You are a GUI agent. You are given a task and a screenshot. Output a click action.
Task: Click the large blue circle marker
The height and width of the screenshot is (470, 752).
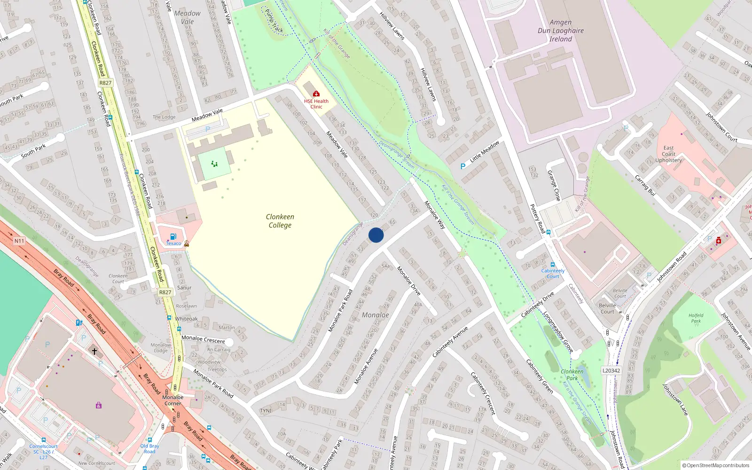(376, 235)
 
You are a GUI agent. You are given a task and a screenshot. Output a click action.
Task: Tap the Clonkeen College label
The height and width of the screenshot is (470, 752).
(280, 221)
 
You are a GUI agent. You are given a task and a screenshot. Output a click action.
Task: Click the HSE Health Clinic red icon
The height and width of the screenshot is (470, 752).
(316, 94)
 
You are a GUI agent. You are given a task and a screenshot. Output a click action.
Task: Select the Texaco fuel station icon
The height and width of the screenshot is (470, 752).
(173, 237)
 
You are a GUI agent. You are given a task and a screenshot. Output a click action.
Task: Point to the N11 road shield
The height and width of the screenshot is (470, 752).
(19, 241)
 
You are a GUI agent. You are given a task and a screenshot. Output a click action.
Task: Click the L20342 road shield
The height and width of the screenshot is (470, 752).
(611, 370)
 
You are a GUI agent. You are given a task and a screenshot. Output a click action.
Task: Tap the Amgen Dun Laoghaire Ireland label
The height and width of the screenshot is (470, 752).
(561, 31)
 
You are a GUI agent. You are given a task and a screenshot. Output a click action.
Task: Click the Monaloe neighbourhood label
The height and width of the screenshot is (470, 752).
(376, 315)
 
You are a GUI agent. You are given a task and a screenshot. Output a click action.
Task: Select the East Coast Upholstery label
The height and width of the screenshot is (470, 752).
(668, 154)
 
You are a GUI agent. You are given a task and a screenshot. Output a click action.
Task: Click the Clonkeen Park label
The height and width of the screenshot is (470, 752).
(572, 375)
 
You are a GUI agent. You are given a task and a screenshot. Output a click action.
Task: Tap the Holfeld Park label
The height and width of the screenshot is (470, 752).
(696, 318)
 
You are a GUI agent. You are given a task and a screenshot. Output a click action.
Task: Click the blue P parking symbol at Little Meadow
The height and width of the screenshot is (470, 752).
(463, 166)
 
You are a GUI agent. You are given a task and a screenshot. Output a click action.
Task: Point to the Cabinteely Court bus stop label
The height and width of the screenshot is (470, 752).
(553, 274)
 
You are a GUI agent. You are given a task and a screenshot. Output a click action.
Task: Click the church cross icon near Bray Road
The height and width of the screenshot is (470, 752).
(94, 351)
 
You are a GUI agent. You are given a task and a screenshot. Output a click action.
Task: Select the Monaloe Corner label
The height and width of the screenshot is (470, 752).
(173, 400)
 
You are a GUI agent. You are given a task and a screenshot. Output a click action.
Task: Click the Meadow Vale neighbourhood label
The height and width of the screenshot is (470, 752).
(187, 17)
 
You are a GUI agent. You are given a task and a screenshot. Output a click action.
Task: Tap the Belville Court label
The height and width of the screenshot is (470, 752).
(607, 308)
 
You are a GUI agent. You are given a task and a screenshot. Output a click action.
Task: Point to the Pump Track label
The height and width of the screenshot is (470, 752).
(274, 21)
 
